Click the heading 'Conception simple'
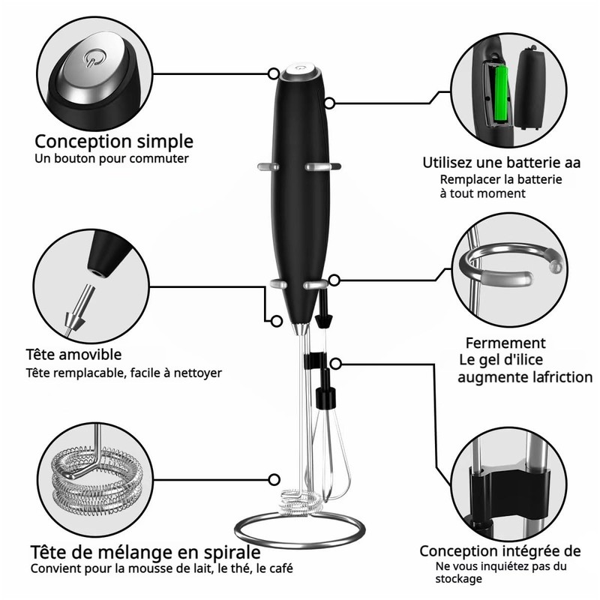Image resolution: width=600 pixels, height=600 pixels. (114, 141)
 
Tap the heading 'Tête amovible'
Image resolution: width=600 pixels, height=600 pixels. (73, 353)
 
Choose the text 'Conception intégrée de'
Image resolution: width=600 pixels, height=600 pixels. (500, 551)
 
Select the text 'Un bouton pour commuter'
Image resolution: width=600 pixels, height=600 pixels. (112, 158)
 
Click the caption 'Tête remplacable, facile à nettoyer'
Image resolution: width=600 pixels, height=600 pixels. (124, 372)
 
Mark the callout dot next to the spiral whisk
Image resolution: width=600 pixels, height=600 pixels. (275, 477)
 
